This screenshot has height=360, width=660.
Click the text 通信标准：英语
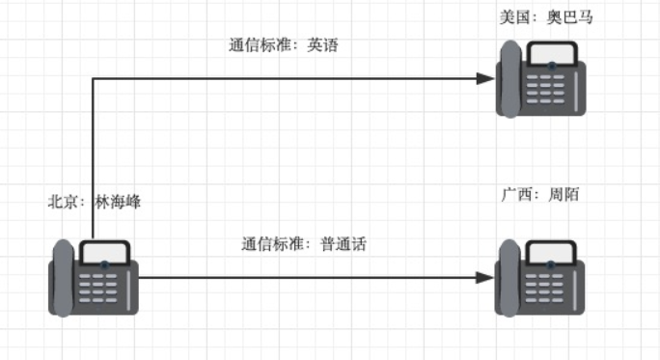[x=284, y=45]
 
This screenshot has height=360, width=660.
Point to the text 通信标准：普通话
[x=304, y=244]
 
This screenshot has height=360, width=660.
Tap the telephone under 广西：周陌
[x=541, y=278]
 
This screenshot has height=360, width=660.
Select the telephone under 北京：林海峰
[x=94, y=278]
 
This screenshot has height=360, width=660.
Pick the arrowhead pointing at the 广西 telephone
[x=486, y=278]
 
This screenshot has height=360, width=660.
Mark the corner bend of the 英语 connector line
[x=93, y=79]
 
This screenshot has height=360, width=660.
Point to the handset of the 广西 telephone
[x=509, y=278]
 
